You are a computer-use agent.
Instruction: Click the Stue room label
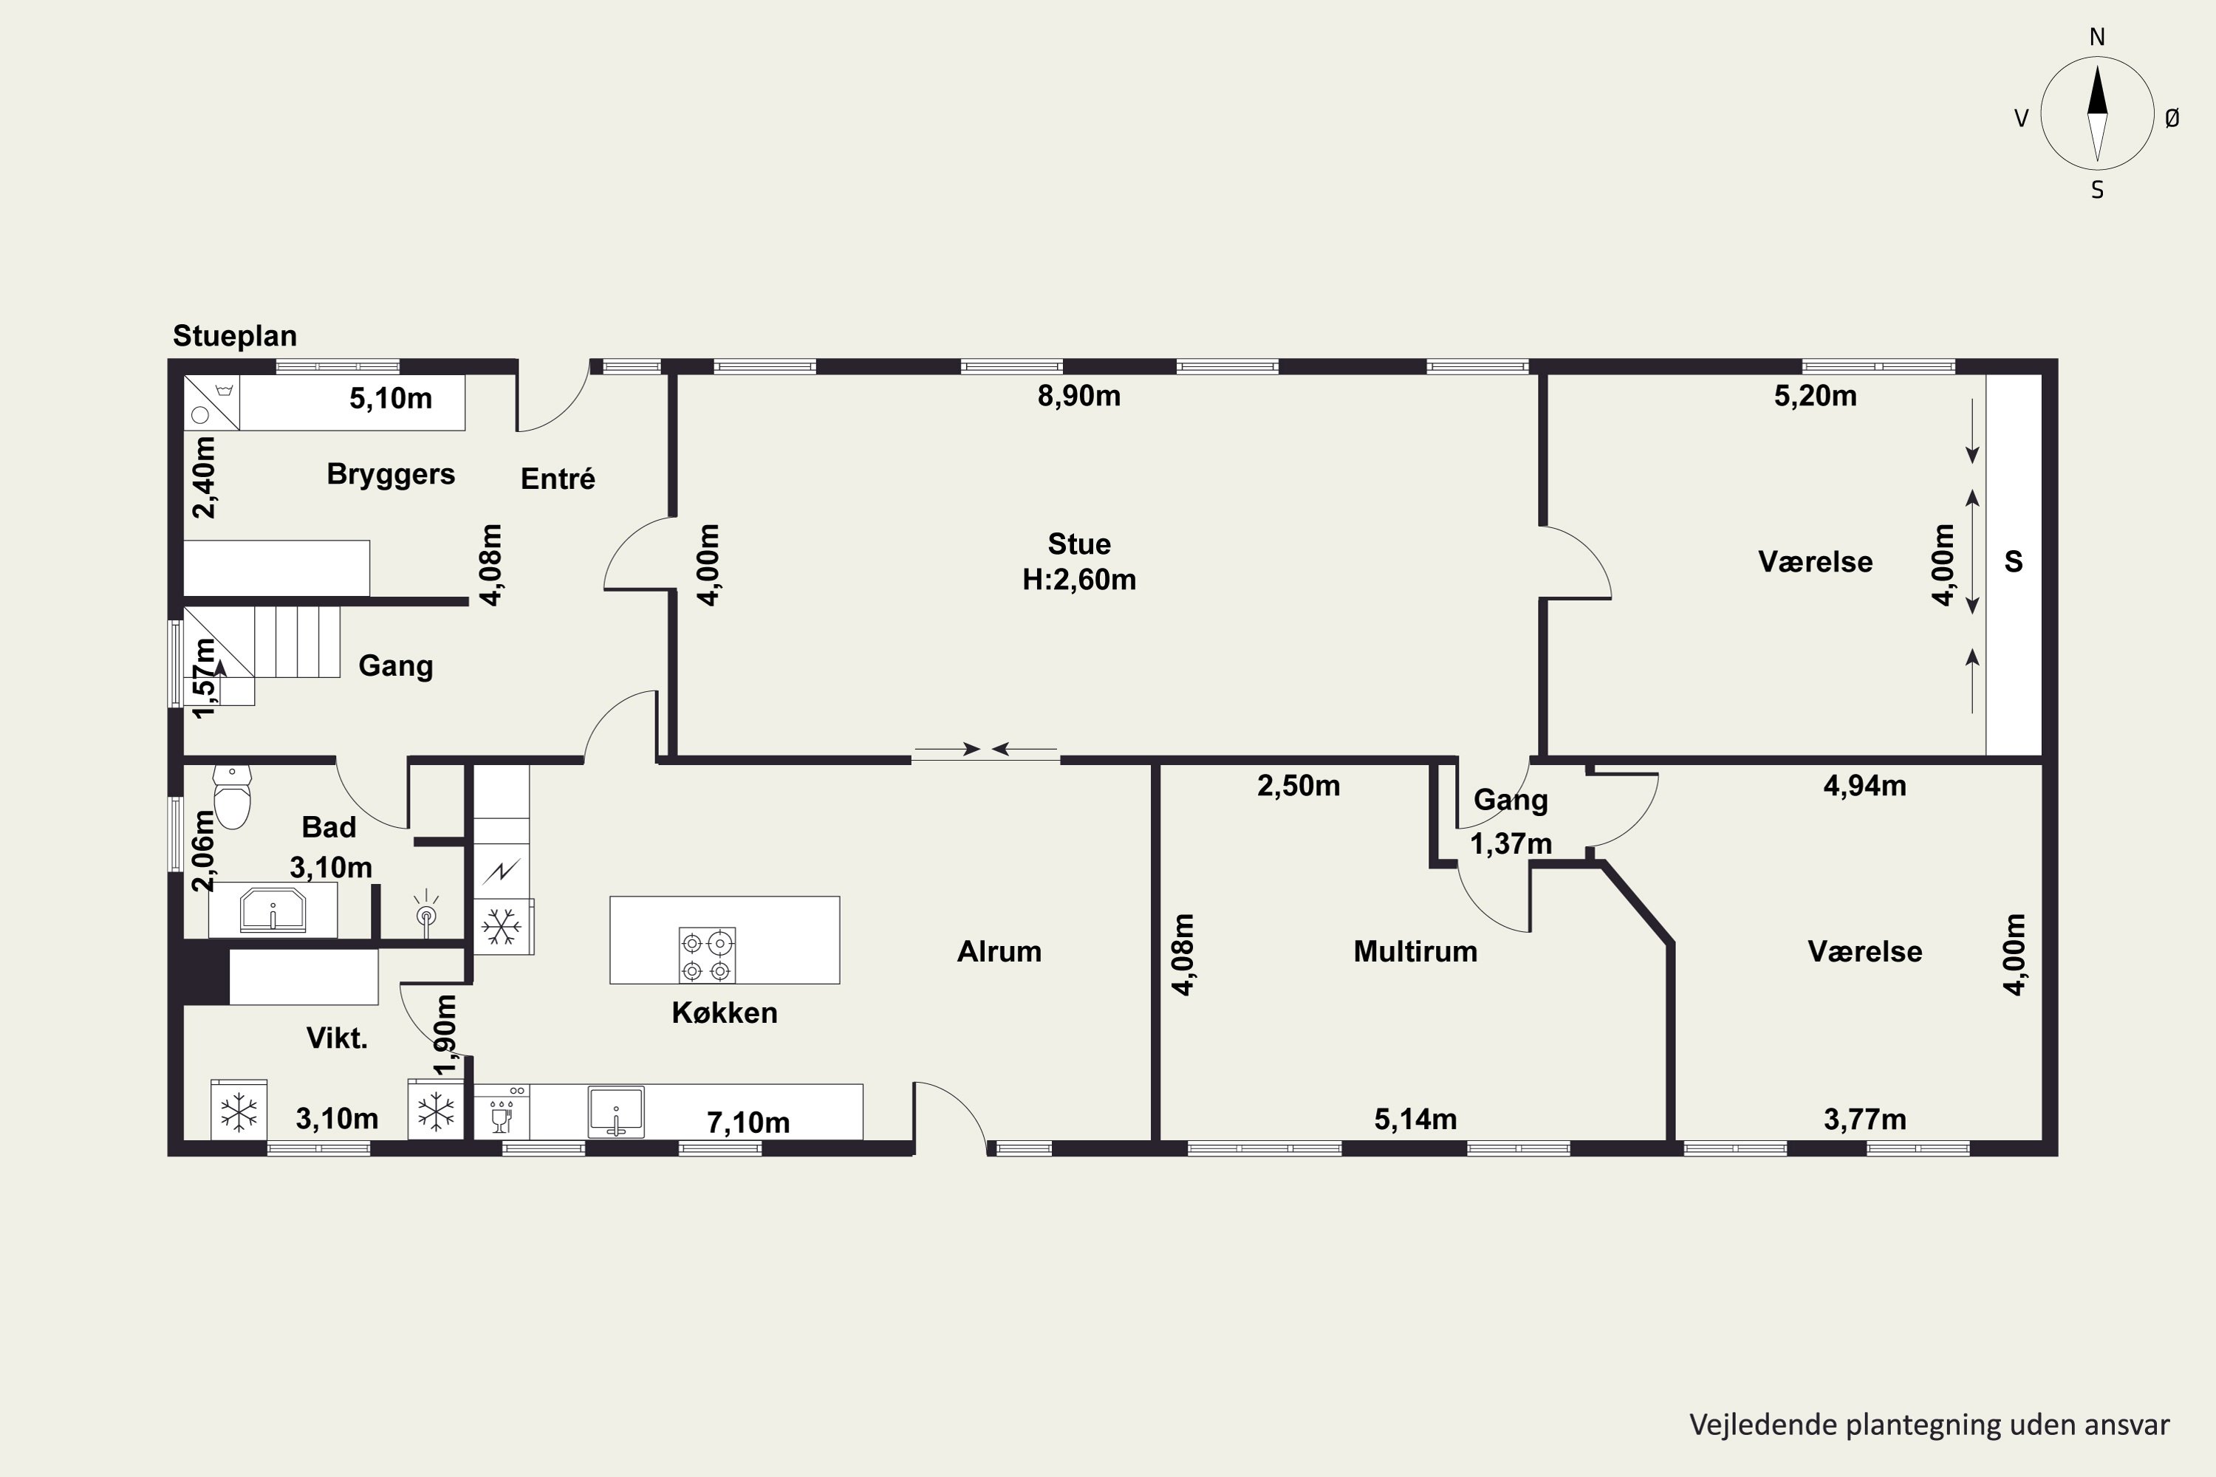1078,544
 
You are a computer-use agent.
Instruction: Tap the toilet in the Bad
232,796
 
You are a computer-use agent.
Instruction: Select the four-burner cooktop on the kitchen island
707,955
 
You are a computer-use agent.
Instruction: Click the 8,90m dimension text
1078,396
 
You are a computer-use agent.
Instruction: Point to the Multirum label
1415,951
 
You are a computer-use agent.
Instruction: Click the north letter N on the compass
2097,37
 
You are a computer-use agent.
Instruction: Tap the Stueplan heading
235,336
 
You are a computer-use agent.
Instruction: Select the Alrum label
999,951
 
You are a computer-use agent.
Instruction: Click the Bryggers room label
391,474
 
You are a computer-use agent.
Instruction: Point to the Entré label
558,479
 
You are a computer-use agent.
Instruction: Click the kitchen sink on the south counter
616,1111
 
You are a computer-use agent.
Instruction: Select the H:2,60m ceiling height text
1078,579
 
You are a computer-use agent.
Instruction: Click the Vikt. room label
336,1038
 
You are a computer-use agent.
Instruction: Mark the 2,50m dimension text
1299,786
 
